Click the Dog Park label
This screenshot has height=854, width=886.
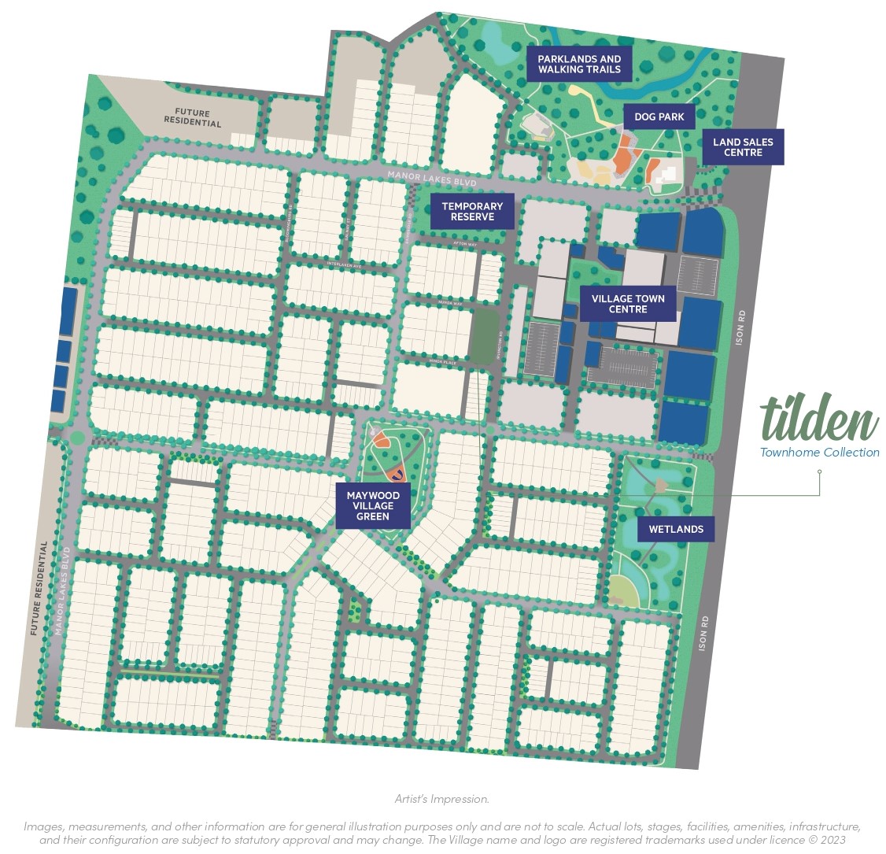pyautogui.click(x=659, y=116)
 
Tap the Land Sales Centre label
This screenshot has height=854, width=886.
pyautogui.click(x=743, y=147)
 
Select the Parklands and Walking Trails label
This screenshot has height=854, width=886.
pyautogui.click(x=579, y=64)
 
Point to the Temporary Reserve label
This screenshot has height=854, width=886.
pyautogui.click(x=472, y=212)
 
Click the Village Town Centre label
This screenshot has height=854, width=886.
pyautogui.click(x=628, y=304)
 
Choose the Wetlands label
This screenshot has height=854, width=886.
pyautogui.click(x=675, y=529)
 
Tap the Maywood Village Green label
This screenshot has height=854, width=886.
pyautogui.click(x=373, y=505)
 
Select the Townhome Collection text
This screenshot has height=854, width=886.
pyautogui.click(x=819, y=453)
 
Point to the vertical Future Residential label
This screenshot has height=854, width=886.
pyautogui.click(x=34, y=588)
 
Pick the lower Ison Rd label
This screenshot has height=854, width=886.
pyautogui.click(x=704, y=632)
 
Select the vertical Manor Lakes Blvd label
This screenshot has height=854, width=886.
pyautogui.click(x=62, y=590)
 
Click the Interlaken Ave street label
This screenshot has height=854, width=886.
pyautogui.click(x=343, y=265)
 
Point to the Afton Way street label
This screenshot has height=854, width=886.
pyautogui.click(x=464, y=245)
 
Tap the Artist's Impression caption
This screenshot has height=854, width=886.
pyautogui.click(x=442, y=799)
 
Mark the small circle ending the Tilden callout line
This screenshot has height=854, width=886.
pyautogui.click(x=819, y=472)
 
